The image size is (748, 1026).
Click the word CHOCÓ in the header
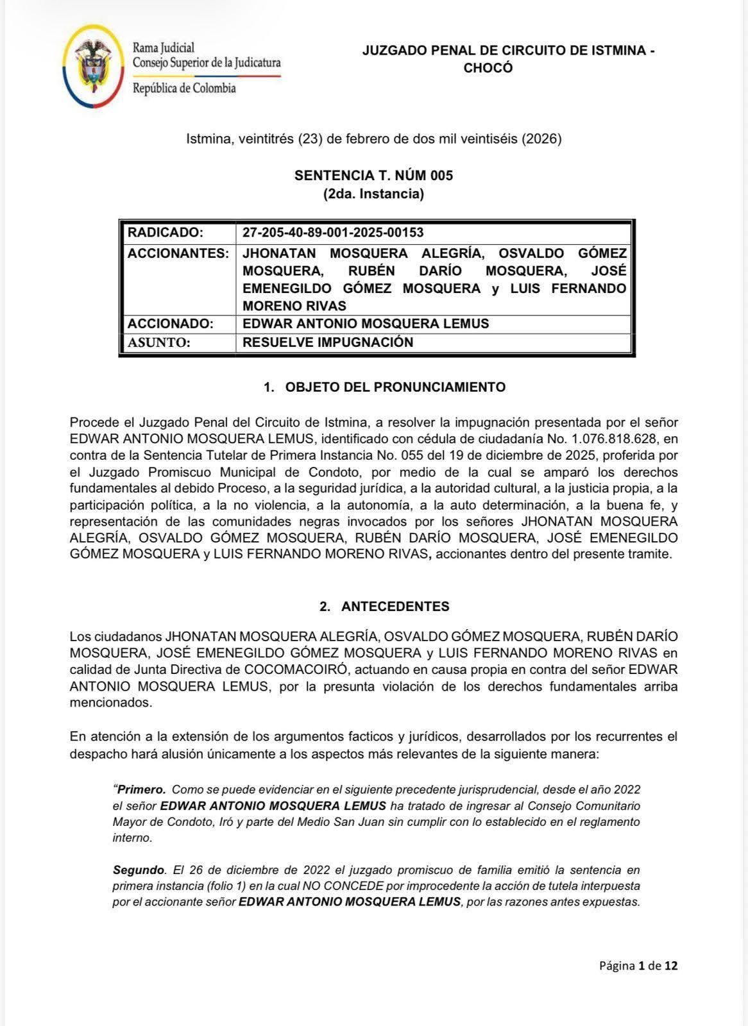(488, 68)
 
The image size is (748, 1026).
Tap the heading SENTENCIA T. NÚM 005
(373, 176)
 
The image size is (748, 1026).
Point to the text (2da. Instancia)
(373, 194)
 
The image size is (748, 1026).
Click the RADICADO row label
(166, 232)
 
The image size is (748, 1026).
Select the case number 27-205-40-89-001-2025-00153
(333, 232)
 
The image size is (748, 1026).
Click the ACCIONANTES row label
(178, 253)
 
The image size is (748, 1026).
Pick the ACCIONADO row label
(170, 324)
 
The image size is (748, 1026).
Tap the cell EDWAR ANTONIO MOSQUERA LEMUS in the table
(366, 324)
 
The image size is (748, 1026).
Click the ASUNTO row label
(159, 342)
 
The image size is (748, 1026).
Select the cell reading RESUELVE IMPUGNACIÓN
(328, 342)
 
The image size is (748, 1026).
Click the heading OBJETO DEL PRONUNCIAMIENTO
(395, 387)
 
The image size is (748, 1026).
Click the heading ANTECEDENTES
(395, 607)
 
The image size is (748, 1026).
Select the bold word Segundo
(139, 870)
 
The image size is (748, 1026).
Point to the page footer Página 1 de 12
(638, 966)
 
